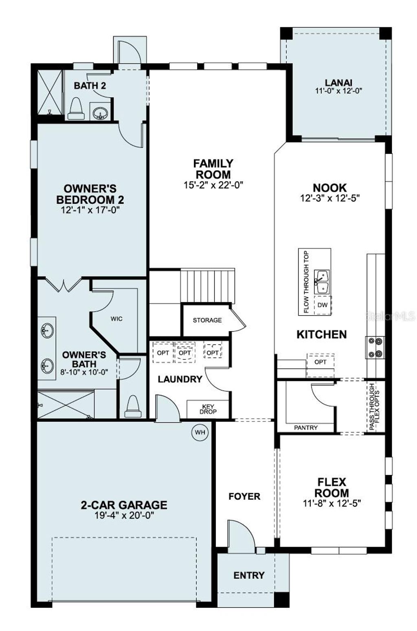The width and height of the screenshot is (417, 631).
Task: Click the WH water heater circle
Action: [x=200, y=432]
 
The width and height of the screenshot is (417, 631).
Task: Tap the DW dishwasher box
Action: [x=323, y=305]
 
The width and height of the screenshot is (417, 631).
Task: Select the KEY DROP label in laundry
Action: [x=208, y=409]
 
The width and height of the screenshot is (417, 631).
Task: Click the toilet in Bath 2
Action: [x=76, y=109]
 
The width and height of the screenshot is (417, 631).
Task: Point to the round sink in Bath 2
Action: [x=99, y=112]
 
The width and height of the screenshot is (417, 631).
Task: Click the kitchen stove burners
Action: [x=375, y=347]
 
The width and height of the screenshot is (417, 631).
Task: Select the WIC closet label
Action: [x=116, y=319]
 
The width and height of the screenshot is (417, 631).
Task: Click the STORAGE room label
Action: [x=207, y=320]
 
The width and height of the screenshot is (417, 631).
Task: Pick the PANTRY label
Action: [x=305, y=428]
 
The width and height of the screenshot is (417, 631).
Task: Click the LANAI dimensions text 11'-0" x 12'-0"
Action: [x=338, y=91]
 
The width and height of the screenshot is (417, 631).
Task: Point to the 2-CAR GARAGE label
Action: [x=124, y=505]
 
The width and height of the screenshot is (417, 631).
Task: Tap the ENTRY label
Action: [x=249, y=575]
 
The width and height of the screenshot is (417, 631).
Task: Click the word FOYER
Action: [x=244, y=496]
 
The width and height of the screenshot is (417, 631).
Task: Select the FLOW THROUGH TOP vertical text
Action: [x=306, y=282]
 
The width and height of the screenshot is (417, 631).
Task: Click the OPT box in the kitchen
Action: [x=320, y=362]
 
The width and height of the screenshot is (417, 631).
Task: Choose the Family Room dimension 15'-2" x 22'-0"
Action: [x=213, y=185]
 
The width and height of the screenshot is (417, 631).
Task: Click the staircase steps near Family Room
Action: [x=207, y=286]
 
